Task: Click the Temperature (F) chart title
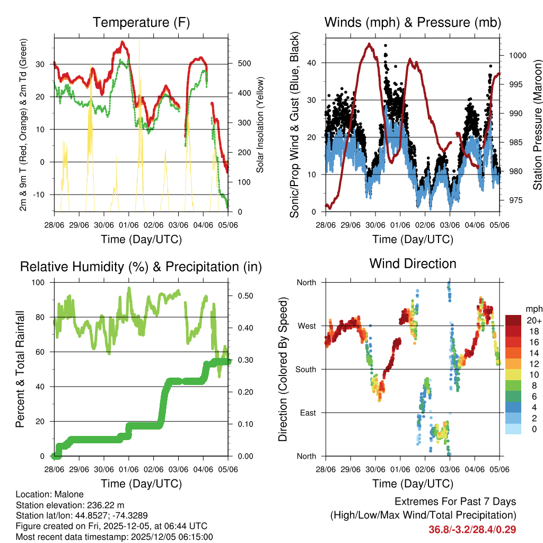(x=141, y=22)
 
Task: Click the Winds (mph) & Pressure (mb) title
(x=413, y=22)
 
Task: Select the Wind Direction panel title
(x=413, y=263)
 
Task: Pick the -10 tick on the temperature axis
(x=41, y=195)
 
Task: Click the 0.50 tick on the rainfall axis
(x=244, y=295)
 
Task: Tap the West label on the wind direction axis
(x=306, y=326)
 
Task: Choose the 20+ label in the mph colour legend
(x=534, y=321)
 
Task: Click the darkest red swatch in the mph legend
(x=513, y=320)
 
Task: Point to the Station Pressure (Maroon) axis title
(x=537, y=125)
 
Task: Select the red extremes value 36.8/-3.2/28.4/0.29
(x=472, y=529)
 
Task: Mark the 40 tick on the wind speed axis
(x=313, y=63)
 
